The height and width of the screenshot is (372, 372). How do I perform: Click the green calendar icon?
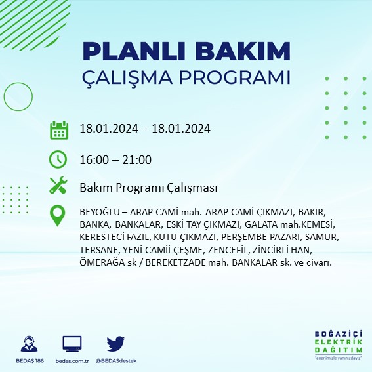click(59, 130)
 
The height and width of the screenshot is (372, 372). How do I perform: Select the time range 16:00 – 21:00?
click(115, 159)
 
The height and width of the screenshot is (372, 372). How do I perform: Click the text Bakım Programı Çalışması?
click(148, 188)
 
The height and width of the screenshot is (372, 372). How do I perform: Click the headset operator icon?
click(30, 344)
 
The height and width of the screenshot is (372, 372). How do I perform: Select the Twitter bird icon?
click(115, 344)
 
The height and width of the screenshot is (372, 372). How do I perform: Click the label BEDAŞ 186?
click(30, 361)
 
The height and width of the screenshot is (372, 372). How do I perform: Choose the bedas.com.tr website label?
click(72, 361)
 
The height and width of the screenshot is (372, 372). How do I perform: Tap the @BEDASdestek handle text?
click(115, 361)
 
